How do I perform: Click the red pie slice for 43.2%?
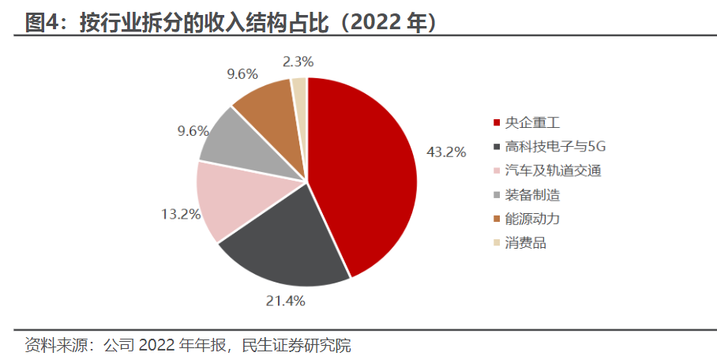point(363,174)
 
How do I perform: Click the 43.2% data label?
point(446,152)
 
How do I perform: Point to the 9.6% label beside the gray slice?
point(193,131)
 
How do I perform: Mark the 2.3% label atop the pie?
point(297,61)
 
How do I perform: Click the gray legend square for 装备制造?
point(496,195)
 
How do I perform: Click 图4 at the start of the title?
point(39,23)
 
